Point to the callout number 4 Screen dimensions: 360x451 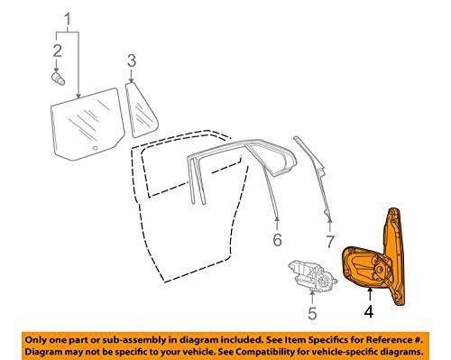pos(370,314)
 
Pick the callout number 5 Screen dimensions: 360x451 pos(312,315)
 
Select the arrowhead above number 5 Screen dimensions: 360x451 pos(312,295)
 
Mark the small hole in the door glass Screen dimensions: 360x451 pos(95,143)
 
